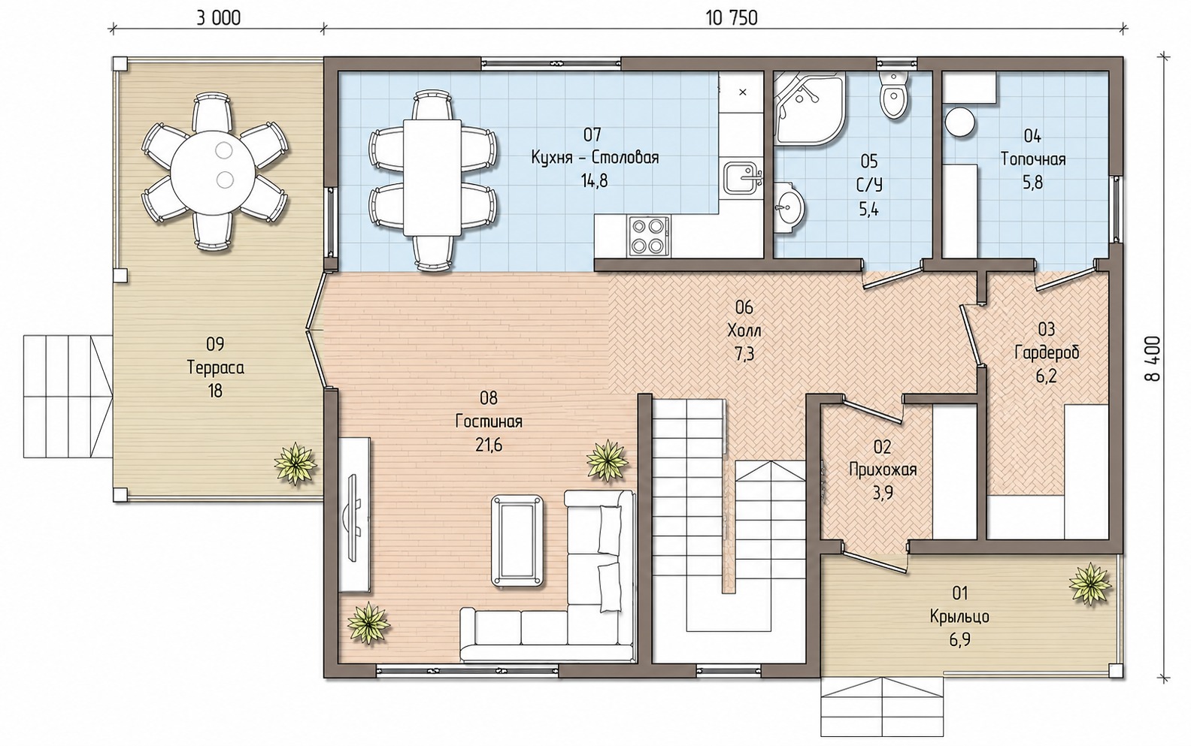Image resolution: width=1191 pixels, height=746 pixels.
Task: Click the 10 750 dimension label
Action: click(732, 18)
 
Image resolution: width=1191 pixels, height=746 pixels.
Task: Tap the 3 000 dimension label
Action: click(219, 18)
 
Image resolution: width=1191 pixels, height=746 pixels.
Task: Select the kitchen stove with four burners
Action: click(649, 235)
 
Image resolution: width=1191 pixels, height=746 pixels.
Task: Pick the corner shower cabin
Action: click(808, 108)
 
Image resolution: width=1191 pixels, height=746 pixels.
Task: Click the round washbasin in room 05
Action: click(789, 207)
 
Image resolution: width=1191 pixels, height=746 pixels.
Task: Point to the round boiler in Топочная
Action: click(960, 122)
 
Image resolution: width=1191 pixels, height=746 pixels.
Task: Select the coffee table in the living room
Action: click(517, 540)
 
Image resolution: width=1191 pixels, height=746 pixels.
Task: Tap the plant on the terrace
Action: click(295, 464)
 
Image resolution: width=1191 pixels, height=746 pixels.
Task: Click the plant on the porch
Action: click(1090, 584)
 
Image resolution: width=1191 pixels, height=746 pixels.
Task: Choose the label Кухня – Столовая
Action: click(595, 158)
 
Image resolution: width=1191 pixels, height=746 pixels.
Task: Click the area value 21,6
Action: click(489, 445)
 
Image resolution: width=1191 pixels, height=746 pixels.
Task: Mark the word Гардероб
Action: click(1047, 353)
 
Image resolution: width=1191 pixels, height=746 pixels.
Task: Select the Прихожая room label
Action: click(883, 470)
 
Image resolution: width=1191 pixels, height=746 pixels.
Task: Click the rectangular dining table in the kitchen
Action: click(432, 177)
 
